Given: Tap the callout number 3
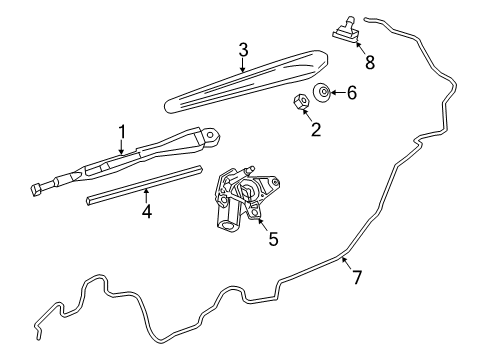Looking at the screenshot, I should (x=243, y=50).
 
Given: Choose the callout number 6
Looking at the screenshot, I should (x=350, y=94).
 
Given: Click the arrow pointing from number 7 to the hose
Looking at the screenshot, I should (x=345, y=262).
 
